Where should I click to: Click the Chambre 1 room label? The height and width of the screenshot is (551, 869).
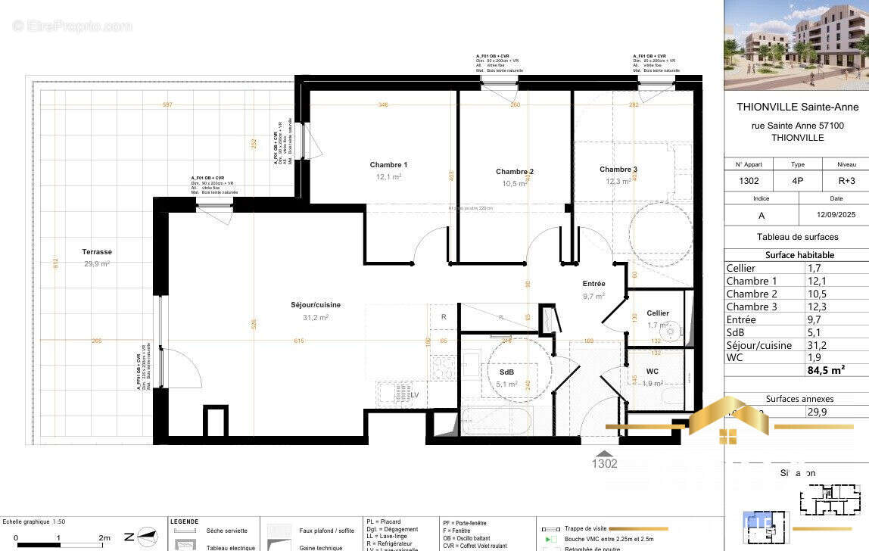[388, 165]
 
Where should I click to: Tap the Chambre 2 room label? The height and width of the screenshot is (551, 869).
[515, 172]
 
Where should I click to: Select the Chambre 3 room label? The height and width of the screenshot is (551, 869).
[618, 170]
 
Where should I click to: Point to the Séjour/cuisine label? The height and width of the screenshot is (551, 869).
[316, 305]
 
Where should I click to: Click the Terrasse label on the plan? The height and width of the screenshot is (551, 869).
[97, 252]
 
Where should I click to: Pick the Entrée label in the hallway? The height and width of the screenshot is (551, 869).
[593, 284]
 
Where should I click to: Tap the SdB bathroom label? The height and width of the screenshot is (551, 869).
[506, 372]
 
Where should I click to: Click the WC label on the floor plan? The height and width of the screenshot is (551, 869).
[652, 372]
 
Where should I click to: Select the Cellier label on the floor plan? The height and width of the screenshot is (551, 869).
[657, 313]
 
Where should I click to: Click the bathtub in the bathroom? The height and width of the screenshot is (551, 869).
[497, 419]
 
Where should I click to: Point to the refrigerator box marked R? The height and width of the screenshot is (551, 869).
[444, 316]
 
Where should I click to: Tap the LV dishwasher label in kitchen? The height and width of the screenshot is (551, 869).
[414, 394]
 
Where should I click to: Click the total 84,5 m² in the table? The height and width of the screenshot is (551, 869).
[826, 370]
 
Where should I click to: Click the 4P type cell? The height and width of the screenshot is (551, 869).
[798, 182]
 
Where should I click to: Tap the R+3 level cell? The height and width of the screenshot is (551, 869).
[846, 182]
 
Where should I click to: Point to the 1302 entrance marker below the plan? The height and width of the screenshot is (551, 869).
[604, 463]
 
